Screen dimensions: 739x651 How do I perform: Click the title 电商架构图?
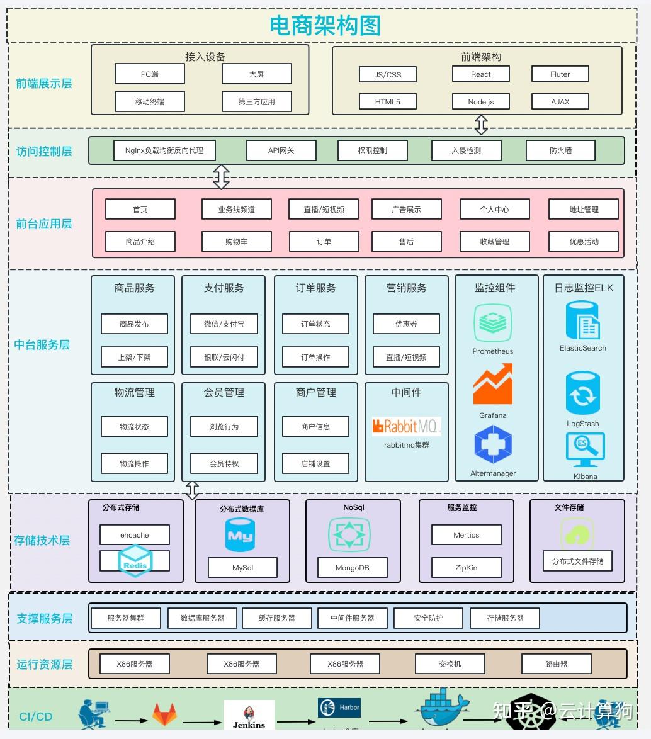coord(325,26)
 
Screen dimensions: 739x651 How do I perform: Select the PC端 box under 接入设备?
coord(150,74)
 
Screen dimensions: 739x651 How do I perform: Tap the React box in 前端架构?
coord(480,74)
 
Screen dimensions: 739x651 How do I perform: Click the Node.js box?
coord(480,101)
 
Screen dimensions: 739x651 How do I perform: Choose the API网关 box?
coord(281,150)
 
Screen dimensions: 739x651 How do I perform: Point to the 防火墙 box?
coord(560,150)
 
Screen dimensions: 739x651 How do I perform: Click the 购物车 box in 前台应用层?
coord(236,241)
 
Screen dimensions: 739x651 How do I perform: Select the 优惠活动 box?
coord(584,241)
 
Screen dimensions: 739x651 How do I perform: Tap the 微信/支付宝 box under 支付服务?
coord(224,324)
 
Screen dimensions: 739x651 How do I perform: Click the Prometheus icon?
coord(492,324)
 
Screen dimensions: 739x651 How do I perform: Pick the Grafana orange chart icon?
coord(492,385)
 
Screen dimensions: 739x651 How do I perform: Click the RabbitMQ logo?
coord(406,426)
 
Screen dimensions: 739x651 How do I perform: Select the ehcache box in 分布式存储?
coord(135,535)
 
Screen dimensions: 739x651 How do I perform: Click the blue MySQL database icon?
coord(240,535)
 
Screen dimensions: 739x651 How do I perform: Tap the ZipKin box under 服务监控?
coord(466,567)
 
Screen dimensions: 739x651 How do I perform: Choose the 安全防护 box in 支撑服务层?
coord(428,618)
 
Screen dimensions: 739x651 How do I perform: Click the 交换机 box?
coord(450,663)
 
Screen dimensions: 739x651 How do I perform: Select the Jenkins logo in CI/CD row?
coord(249,715)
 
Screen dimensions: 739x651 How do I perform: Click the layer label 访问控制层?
coord(44,152)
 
